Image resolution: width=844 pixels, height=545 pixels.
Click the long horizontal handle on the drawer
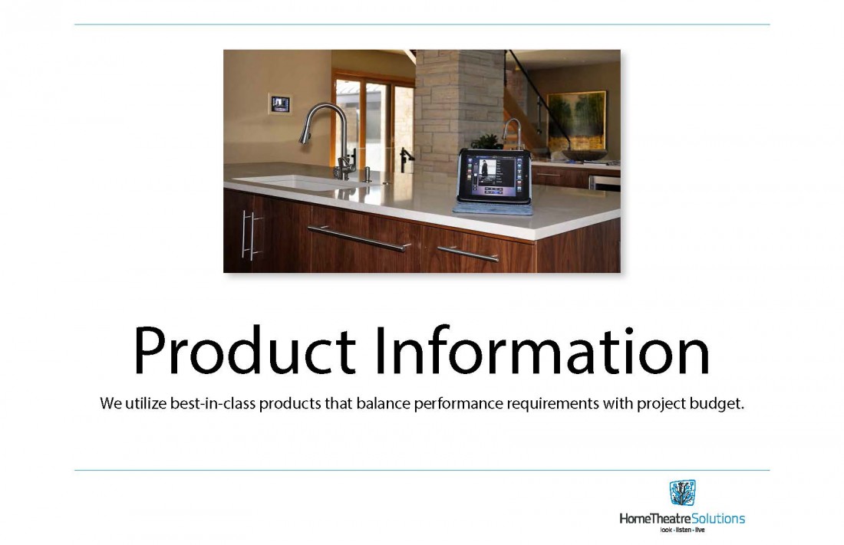point(360,238)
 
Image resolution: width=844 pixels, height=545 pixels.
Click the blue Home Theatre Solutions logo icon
point(682,493)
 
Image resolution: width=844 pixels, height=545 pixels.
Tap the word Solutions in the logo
point(718,519)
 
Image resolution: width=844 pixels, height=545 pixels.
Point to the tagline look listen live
point(682,530)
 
